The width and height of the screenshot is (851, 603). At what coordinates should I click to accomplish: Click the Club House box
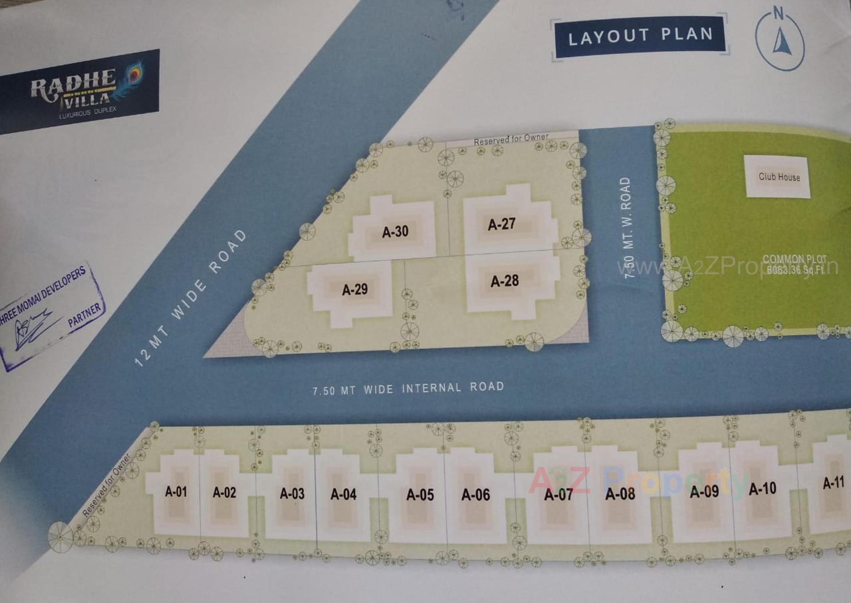click(x=779, y=176)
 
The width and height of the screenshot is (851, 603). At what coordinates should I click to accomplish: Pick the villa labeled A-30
click(x=395, y=231)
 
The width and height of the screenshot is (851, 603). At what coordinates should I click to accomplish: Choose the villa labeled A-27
click(x=502, y=224)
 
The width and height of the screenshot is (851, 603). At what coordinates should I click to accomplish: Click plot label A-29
click(x=355, y=290)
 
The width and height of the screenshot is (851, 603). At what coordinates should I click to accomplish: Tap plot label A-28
click(x=504, y=281)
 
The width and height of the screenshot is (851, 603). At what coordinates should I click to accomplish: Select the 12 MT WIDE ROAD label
click(x=191, y=298)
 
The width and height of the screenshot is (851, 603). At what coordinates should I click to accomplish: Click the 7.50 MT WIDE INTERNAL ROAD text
click(x=408, y=388)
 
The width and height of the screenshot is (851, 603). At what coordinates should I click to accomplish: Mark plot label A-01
click(x=176, y=491)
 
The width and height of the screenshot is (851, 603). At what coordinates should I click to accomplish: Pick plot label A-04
click(x=344, y=494)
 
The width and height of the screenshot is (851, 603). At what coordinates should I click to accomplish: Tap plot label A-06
click(x=476, y=494)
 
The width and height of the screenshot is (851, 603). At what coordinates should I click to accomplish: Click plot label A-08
click(x=620, y=493)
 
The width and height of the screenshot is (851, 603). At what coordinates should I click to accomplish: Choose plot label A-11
click(x=833, y=482)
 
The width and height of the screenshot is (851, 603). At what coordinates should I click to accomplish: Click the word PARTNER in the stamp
click(x=84, y=315)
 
